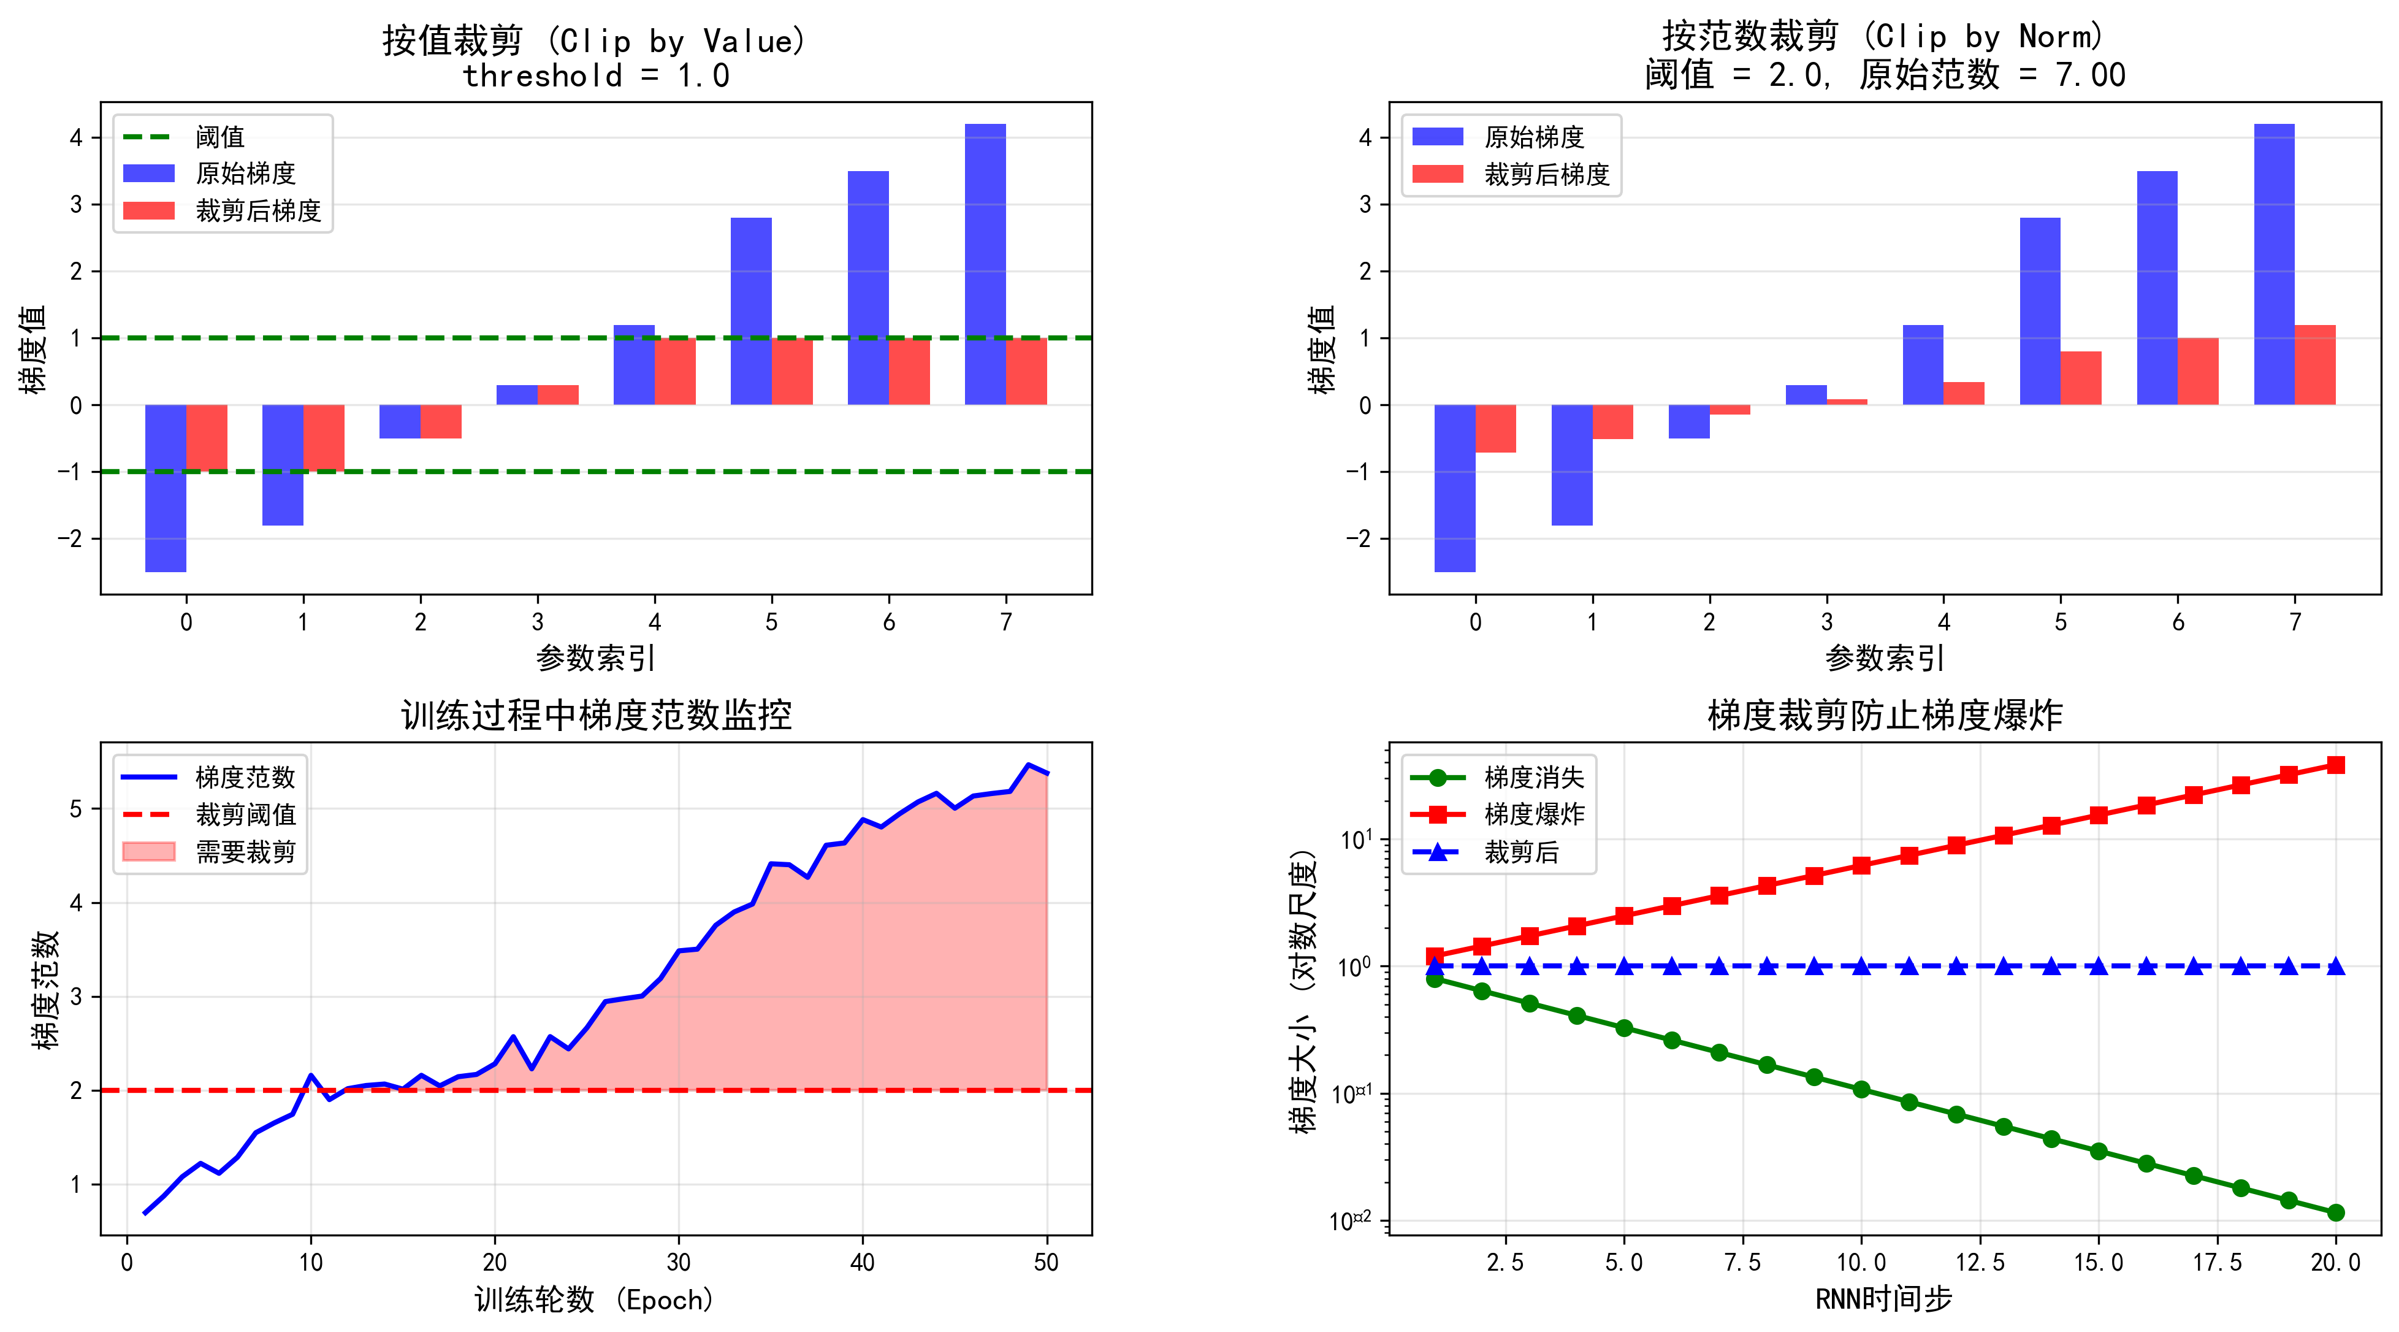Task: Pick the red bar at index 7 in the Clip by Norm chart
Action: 2314,364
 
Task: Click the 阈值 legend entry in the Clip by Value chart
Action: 219,137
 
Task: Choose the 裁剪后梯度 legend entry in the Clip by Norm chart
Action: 1546,174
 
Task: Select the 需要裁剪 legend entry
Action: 245,851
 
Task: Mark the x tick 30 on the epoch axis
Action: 678,1262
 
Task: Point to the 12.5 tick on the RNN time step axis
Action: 1979,1262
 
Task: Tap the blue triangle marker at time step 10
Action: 1861,966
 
